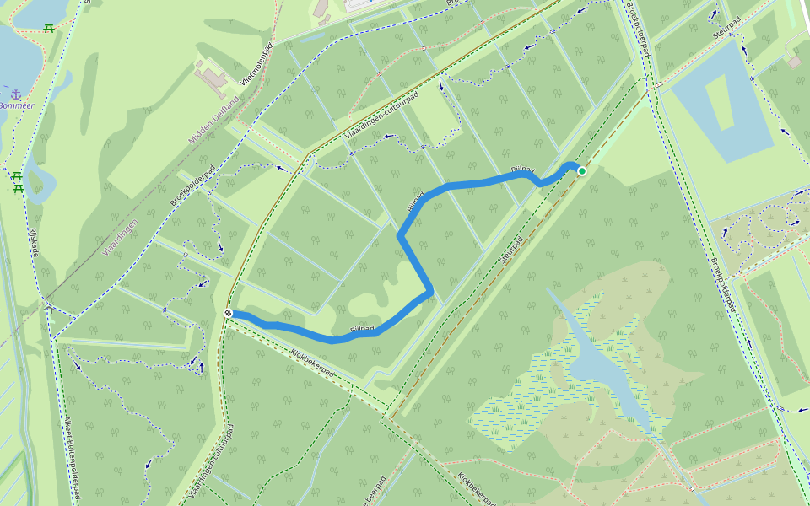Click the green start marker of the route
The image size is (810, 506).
click(x=581, y=171)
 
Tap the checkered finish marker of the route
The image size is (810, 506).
click(x=228, y=314)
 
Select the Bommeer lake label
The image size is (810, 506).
click(x=16, y=105)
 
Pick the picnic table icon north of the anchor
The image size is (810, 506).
click(x=49, y=28)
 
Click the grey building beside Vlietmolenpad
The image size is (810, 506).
click(x=211, y=78)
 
